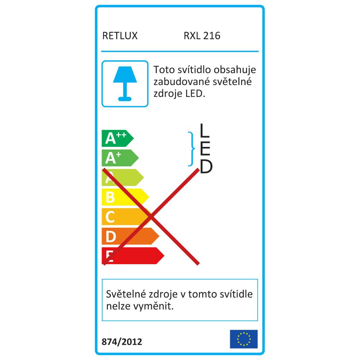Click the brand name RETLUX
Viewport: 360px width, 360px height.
click(120, 36)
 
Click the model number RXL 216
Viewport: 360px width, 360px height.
click(202, 36)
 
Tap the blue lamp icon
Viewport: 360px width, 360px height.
click(125, 84)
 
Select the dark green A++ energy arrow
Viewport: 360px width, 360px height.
click(118, 139)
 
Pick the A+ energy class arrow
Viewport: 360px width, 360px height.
click(120, 158)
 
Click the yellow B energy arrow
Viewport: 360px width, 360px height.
click(125, 197)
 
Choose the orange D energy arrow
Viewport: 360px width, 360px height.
click(130, 236)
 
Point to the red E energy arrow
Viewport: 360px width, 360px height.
click(133, 256)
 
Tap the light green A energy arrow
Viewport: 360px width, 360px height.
click(123, 177)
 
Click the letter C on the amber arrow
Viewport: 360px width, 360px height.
click(110, 217)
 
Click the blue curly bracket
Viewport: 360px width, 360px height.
click(192, 149)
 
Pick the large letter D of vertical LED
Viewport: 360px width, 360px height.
click(206, 167)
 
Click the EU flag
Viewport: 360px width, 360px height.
click(244, 339)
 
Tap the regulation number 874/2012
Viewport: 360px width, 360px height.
click(122, 342)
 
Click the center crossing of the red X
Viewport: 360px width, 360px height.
click(150, 216)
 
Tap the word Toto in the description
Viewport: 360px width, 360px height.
click(162, 70)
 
